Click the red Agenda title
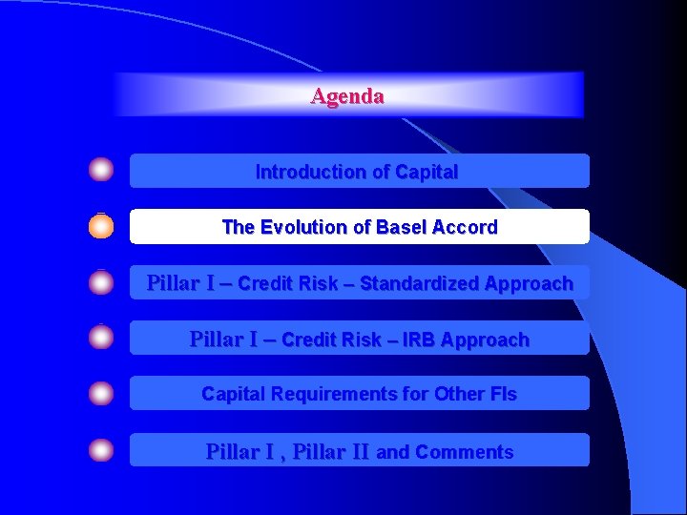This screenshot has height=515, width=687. click(x=347, y=96)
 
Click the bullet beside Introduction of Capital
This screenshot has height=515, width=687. click(x=101, y=171)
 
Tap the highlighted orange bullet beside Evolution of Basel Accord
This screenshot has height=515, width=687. click(x=101, y=227)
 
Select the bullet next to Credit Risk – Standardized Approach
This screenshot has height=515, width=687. click(x=101, y=282)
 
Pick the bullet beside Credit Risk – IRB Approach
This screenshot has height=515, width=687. click(x=101, y=338)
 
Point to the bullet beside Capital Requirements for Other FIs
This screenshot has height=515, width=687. click(x=101, y=393)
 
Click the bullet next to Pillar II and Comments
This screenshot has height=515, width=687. click(x=101, y=450)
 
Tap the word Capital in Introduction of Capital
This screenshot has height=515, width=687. click(x=426, y=173)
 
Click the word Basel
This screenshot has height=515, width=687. click(x=402, y=227)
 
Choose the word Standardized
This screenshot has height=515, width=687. click(x=420, y=283)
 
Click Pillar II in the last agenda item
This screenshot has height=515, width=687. click(x=331, y=452)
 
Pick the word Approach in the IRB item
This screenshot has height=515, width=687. click(x=491, y=340)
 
